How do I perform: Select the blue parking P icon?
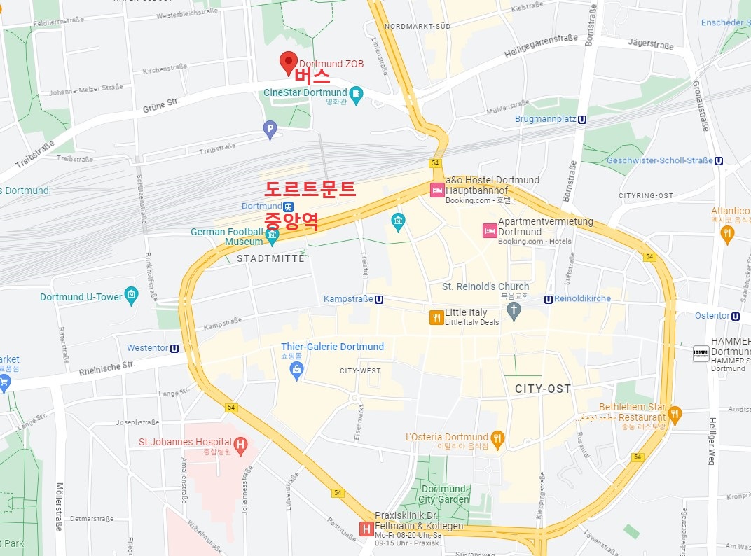[x=270, y=128]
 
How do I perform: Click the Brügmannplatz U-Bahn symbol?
[x=582, y=119]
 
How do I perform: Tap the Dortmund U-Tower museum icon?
[x=131, y=296]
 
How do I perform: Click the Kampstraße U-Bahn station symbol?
[x=379, y=299]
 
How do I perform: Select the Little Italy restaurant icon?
[x=436, y=317]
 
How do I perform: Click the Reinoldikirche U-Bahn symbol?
[x=549, y=299]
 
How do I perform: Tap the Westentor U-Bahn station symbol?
[x=174, y=348]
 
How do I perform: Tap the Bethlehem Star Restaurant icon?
[x=675, y=414]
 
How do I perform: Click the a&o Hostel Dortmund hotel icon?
[x=436, y=190]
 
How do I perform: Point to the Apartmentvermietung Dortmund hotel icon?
[x=489, y=230]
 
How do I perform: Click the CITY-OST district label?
[x=542, y=389]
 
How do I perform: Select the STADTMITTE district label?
[x=270, y=258]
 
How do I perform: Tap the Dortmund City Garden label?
[x=443, y=494]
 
